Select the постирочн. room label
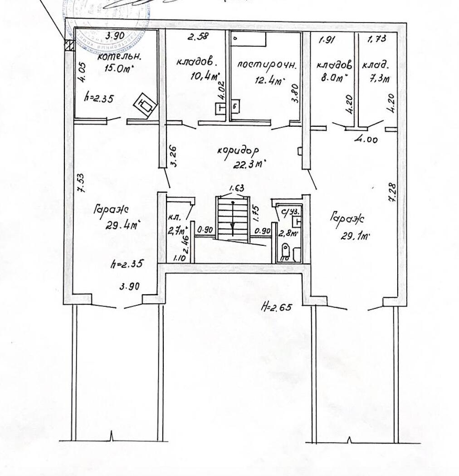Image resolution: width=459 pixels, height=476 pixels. coord(267,65)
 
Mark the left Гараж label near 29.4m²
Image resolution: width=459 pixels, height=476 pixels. coord(112,210)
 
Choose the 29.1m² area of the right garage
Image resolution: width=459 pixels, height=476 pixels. coord(355,236)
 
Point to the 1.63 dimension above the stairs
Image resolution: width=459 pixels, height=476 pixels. coord(236,187)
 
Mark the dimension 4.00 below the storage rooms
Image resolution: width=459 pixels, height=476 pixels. coord(366,140)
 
